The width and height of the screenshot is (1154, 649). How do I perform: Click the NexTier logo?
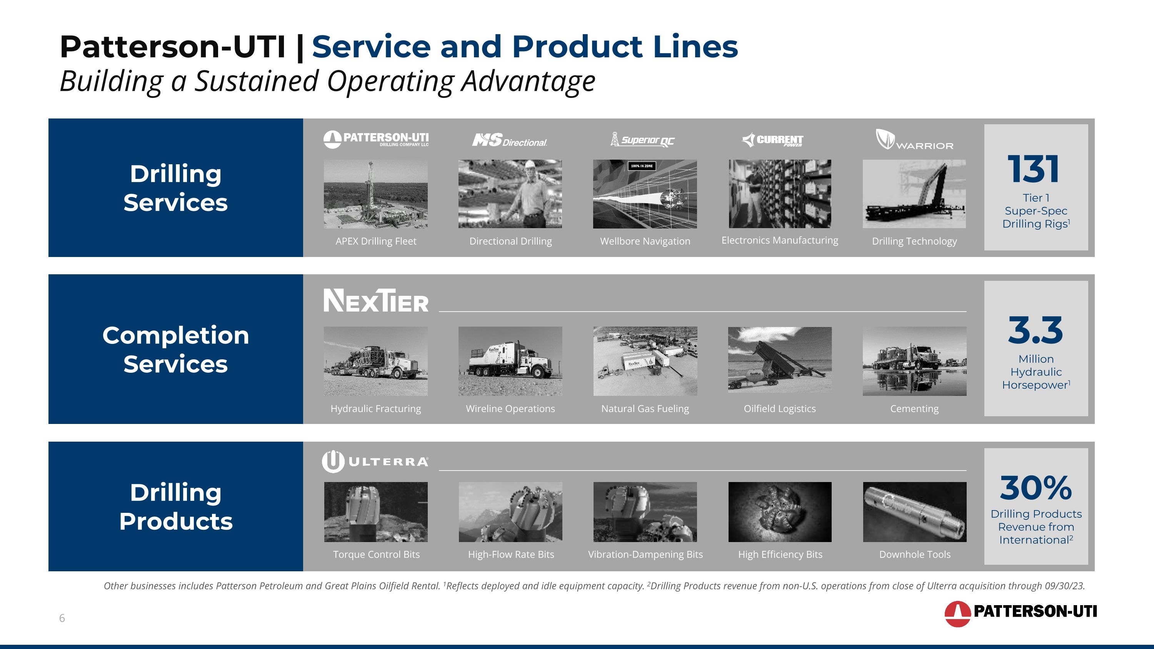pyautogui.click(x=376, y=300)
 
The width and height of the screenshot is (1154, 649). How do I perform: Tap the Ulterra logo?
pyautogui.click(x=375, y=461)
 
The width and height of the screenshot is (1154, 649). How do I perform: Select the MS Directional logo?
pyautogui.click(x=510, y=140)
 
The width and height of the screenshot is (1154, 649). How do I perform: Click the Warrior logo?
pyautogui.click(x=914, y=140)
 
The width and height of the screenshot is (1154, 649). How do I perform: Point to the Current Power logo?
pyautogui.click(x=773, y=140)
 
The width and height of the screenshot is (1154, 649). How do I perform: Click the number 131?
pyautogui.click(x=1034, y=169)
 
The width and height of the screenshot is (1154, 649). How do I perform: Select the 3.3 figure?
pyautogui.click(x=1035, y=330)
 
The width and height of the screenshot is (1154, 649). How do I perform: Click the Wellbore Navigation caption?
pyautogui.click(x=645, y=241)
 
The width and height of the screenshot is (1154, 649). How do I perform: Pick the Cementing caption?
pyautogui.click(x=914, y=409)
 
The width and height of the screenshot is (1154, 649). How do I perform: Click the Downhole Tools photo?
pyautogui.click(x=914, y=512)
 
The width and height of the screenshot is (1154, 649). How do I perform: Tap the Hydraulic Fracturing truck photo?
pyautogui.click(x=375, y=361)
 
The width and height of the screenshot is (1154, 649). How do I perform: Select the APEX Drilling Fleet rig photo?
pyautogui.click(x=375, y=194)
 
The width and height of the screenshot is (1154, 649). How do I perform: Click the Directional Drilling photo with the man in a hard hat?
pyautogui.click(x=510, y=194)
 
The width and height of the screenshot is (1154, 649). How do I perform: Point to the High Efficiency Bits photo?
pyautogui.click(x=779, y=512)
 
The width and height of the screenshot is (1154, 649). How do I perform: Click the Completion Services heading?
pyautogui.click(x=176, y=349)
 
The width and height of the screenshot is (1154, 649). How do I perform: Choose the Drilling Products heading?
pyautogui.click(x=176, y=507)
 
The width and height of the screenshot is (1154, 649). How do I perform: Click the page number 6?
pyautogui.click(x=62, y=618)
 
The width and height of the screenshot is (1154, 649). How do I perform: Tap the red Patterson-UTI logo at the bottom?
pyautogui.click(x=1020, y=612)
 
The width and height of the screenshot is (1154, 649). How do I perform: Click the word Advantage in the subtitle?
pyautogui.click(x=528, y=81)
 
